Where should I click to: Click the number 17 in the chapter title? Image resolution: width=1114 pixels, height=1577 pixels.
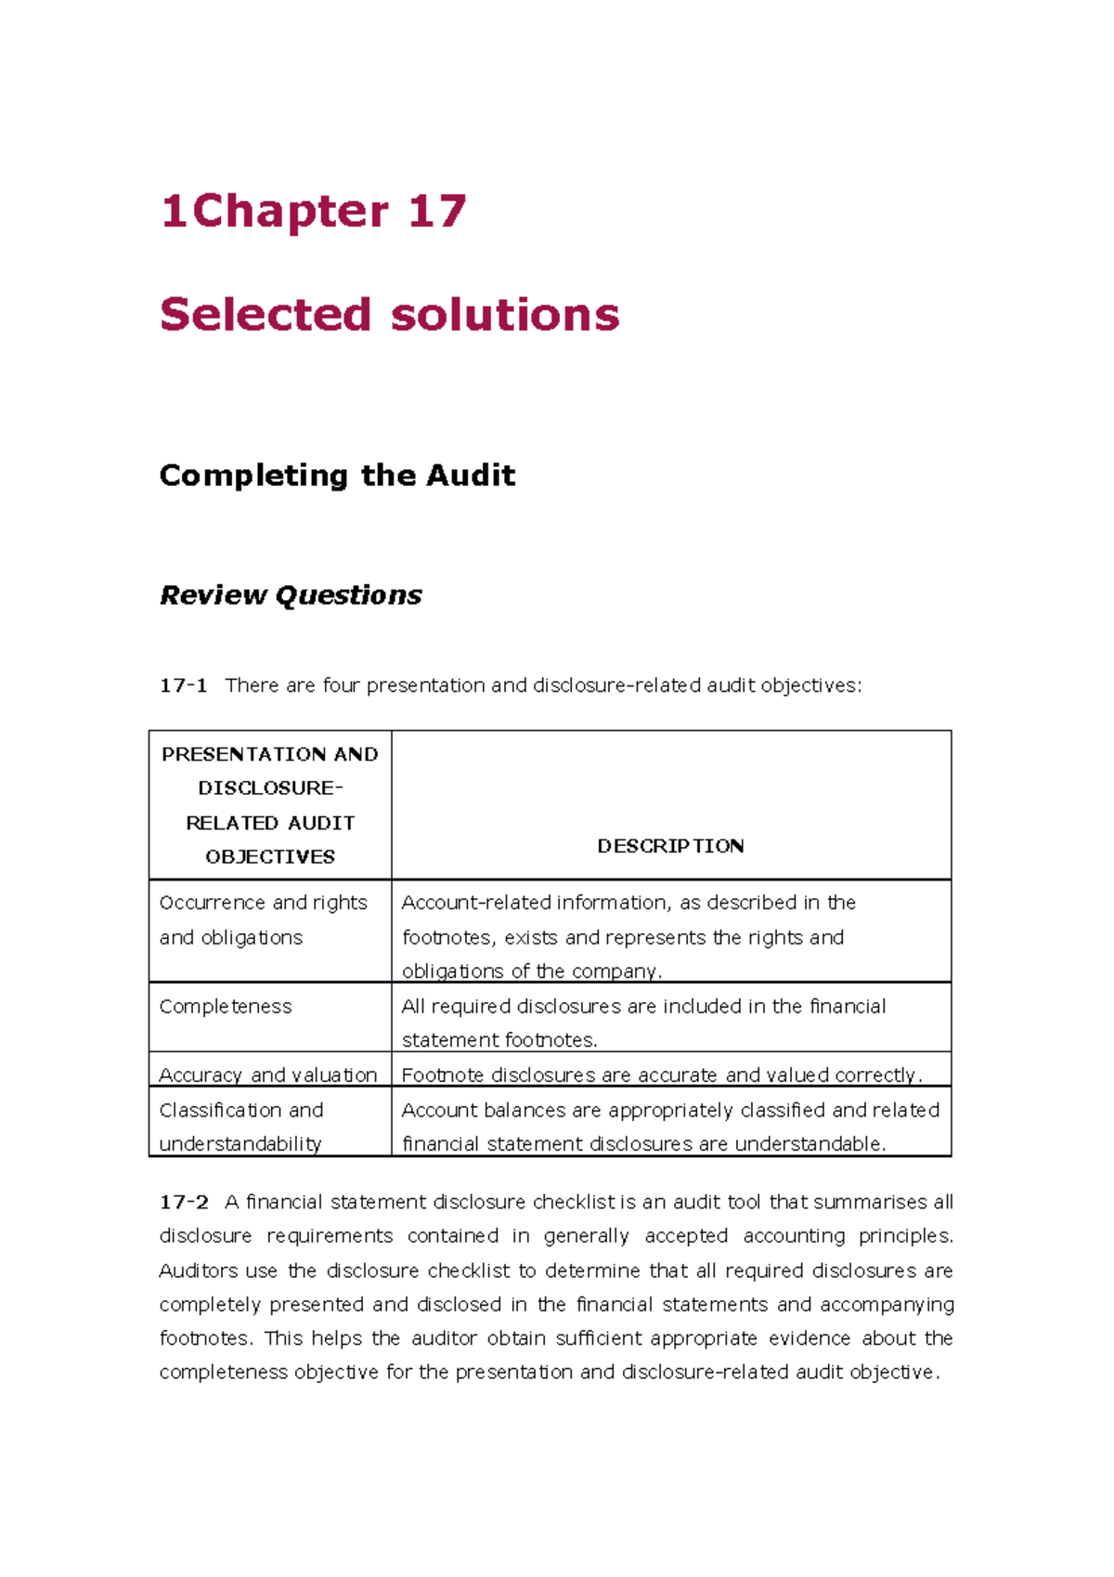click(x=436, y=212)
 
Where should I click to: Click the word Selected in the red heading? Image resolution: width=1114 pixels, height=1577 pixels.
click(x=265, y=314)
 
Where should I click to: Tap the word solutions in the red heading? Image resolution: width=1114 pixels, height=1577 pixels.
click(x=505, y=314)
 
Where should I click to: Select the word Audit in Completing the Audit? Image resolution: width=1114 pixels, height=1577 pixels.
click(x=471, y=476)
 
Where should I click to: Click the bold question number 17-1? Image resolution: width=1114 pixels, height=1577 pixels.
click(x=183, y=685)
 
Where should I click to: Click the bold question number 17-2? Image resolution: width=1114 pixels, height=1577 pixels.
click(x=184, y=1202)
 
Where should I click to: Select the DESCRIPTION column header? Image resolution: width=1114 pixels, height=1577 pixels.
click(x=670, y=846)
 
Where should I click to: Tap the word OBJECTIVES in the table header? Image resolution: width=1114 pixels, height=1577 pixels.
click(x=270, y=856)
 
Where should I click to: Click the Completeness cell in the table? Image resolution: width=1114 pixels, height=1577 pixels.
click(x=226, y=1007)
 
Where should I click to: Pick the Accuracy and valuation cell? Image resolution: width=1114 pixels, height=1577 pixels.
click(x=268, y=1075)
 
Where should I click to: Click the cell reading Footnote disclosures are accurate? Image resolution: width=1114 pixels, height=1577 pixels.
click(x=661, y=1075)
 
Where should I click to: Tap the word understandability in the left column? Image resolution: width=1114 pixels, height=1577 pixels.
click(x=240, y=1144)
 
